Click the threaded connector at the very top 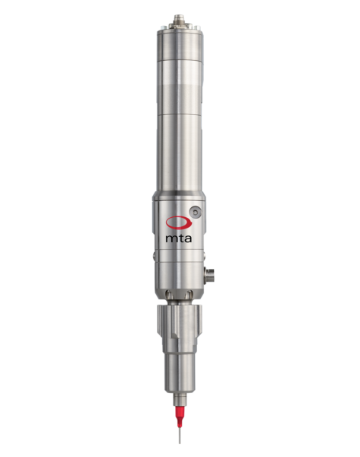(179, 14)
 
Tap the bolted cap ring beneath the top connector (180, 30)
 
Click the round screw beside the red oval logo (199, 211)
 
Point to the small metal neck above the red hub (180, 398)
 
